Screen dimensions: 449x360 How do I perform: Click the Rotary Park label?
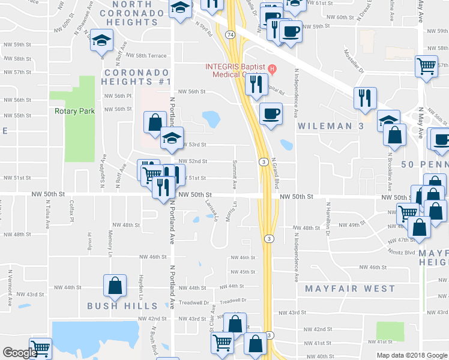tap(71, 111)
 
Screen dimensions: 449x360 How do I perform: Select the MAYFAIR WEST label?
tap(350, 289)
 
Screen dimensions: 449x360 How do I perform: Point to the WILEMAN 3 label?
tap(328, 126)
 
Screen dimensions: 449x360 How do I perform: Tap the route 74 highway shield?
tap(231, 35)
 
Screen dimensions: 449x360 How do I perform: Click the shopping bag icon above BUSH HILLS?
tap(115, 287)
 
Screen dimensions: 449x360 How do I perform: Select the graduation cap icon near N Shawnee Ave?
tap(101, 41)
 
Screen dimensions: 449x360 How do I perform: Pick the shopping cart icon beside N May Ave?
tap(426, 67)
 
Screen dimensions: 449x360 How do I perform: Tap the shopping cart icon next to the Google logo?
tap(41, 349)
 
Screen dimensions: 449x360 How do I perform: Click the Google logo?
tap(19, 353)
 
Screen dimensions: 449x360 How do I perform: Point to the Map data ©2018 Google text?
tap(411, 355)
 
